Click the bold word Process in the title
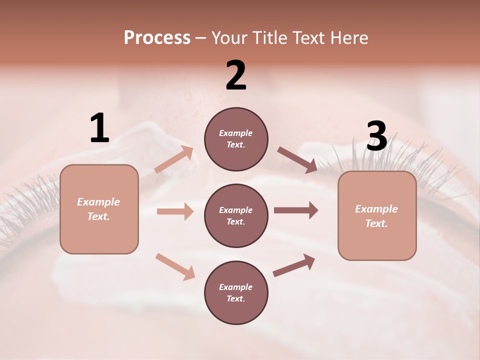coord(157,38)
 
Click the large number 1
coord(99,128)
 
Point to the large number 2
coord(236,76)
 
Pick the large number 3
coord(376,136)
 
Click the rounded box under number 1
coord(99,209)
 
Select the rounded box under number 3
coord(377,215)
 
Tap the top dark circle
coord(236,139)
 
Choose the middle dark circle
coord(236,215)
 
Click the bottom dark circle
coord(236,292)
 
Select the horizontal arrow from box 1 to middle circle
coord(175,211)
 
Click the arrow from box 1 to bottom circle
coord(175,266)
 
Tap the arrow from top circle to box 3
coord(297,160)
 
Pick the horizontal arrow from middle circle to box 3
coord(296,210)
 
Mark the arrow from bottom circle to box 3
coord(294,265)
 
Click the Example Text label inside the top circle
coord(236,139)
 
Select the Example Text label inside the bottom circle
coord(236,292)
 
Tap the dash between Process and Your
coord(201,38)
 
